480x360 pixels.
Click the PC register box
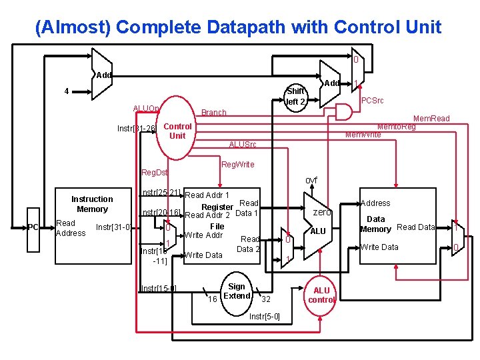pyautogui.click(x=33, y=228)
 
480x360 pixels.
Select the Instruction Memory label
pyautogui.click(x=92, y=204)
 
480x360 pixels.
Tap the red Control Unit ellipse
pyautogui.click(x=177, y=131)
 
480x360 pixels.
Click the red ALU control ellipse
pyautogui.click(x=321, y=295)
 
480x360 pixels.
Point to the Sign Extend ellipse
pyautogui.click(x=237, y=291)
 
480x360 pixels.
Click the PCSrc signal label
pyautogui.click(x=372, y=101)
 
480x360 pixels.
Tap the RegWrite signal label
pyautogui.click(x=238, y=164)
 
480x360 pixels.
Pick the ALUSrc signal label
pyautogui.click(x=242, y=145)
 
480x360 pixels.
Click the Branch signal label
pyautogui.click(x=214, y=113)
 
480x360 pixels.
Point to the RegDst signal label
pyautogui.click(x=155, y=173)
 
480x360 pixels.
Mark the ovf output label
pyautogui.click(x=311, y=181)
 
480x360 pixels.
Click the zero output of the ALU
pyautogui.click(x=322, y=212)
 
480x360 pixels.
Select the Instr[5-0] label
pyautogui.click(x=264, y=316)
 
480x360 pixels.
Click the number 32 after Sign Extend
pyautogui.click(x=265, y=299)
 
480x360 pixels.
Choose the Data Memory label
pyautogui.click(x=375, y=224)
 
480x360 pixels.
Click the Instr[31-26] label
pyautogui.click(x=136, y=128)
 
